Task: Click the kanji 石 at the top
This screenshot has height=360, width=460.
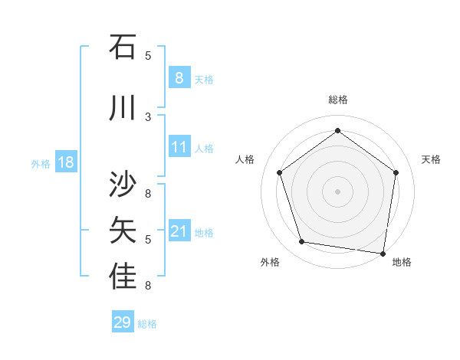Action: coord(123,47)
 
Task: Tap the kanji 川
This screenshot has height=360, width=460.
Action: coord(123,109)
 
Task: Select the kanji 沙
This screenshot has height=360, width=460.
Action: coord(123,185)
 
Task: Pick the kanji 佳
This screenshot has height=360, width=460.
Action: coord(123,277)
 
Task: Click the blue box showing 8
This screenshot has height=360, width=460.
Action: coord(179,77)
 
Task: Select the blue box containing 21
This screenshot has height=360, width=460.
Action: coord(179,231)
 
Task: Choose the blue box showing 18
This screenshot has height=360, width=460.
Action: coord(65,162)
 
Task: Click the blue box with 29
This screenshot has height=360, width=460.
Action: coord(122,322)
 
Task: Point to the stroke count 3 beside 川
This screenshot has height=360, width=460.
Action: coord(148,116)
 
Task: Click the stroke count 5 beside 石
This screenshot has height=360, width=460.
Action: coord(148,55)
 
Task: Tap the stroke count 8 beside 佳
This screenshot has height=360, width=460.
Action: coord(148,286)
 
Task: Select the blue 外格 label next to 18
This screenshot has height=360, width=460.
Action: coord(41,163)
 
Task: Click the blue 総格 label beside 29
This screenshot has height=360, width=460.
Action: coord(147,324)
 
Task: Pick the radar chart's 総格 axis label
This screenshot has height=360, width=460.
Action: coord(337,100)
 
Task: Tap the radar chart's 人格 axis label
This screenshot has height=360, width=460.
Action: coord(245,159)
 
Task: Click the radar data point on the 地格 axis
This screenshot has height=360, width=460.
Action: coord(383,253)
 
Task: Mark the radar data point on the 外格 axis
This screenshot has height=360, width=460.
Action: coord(301,242)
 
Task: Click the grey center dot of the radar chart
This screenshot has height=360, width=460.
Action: coord(337,191)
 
